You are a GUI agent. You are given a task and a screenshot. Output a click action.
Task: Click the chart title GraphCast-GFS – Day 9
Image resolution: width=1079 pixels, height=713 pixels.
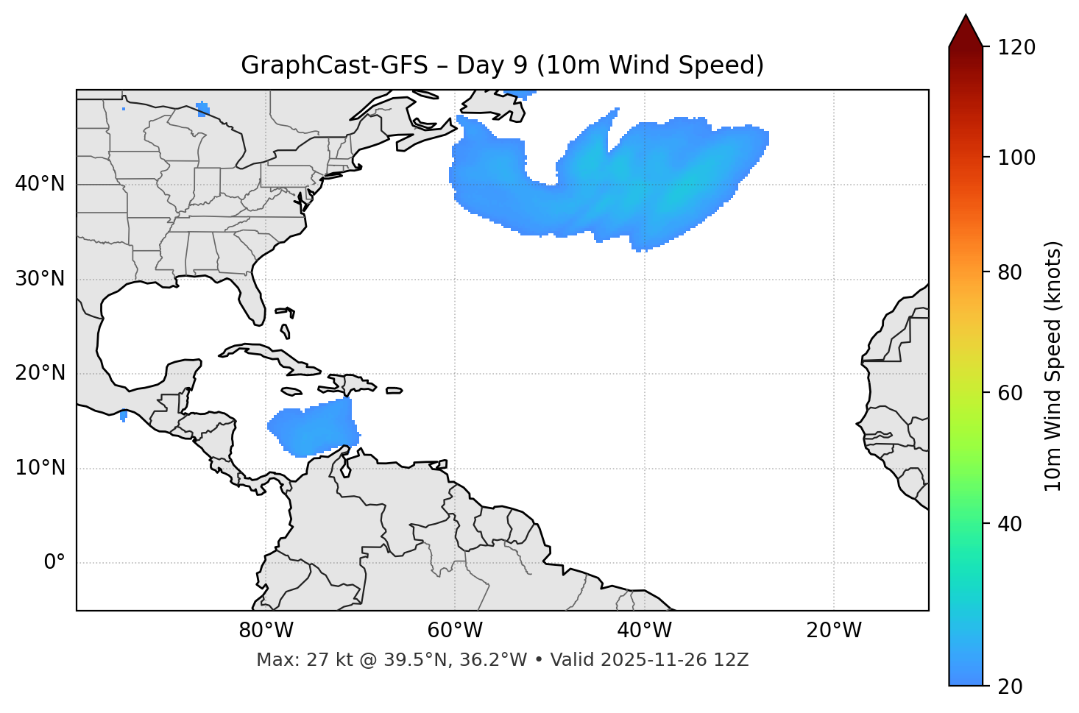tap(502, 65)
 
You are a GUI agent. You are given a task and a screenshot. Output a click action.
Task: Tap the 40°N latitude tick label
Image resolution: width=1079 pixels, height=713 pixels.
tap(40, 184)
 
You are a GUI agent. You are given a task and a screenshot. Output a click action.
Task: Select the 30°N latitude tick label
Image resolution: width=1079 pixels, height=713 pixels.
tap(40, 279)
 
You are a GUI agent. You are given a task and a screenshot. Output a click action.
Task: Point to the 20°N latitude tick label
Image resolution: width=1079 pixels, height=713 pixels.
tap(40, 373)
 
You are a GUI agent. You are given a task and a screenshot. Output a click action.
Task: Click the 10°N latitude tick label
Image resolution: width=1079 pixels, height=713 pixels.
tap(40, 468)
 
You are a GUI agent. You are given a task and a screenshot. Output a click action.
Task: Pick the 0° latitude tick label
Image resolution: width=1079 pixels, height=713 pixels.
tap(54, 563)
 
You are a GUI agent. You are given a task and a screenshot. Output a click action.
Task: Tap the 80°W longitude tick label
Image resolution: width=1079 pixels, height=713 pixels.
tap(266, 631)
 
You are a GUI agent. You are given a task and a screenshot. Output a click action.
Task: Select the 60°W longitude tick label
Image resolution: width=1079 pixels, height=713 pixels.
tap(455, 631)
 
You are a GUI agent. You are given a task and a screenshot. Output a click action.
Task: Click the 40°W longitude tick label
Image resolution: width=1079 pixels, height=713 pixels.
tap(644, 631)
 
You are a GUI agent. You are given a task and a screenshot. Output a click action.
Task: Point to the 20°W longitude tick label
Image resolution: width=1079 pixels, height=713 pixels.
tap(833, 631)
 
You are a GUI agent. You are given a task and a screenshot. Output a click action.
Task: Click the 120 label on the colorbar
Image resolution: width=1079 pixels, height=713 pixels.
tap(1016, 48)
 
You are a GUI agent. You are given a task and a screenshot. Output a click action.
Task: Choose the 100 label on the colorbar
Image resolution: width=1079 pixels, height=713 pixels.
tap(1016, 157)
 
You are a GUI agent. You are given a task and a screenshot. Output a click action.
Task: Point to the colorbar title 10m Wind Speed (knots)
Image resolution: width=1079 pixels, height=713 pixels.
tap(1053, 366)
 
